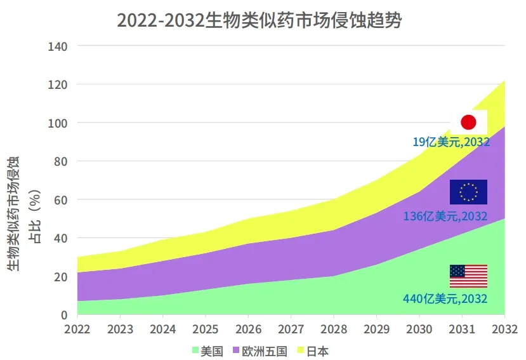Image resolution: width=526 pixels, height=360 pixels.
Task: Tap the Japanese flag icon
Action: (468, 123)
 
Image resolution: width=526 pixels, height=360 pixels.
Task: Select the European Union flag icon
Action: (468, 192)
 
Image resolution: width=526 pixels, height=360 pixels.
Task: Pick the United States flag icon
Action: (468, 276)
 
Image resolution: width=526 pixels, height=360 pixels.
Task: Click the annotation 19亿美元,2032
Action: (451, 142)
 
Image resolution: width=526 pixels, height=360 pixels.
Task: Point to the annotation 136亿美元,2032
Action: (445, 217)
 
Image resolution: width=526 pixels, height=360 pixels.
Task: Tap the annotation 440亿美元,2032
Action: (445, 298)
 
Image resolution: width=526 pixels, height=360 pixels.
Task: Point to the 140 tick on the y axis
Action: (58, 46)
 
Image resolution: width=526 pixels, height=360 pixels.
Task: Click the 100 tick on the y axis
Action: (58, 123)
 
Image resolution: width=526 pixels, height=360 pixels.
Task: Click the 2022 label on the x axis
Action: (78, 330)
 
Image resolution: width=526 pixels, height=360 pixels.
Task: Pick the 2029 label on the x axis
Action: (376, 330)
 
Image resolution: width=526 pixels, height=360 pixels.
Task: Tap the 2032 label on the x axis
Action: (504, 330)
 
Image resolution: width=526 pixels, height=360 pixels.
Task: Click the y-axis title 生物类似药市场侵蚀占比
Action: (19, 213)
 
